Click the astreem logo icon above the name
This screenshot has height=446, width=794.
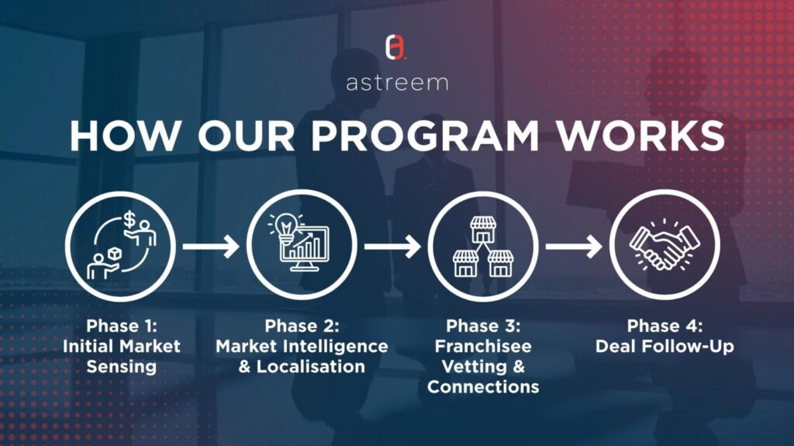click(396, 47)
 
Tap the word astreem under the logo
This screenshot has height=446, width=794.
click(398, 83)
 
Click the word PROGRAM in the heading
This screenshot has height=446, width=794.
click(425, 136)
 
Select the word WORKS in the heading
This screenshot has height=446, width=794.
click(640, 136)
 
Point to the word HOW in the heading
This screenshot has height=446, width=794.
click(125, 136)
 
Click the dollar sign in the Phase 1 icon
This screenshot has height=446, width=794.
click(129, 220)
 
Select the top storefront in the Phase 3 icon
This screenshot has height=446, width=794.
click(483, 230)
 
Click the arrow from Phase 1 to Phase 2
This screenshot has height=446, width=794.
click(211, 247)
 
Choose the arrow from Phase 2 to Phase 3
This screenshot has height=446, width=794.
click(392, 247)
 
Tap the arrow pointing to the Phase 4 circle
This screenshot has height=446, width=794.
click(574, 247)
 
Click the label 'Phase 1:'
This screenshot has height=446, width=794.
click(122, 326)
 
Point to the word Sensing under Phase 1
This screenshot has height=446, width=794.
click(122, 367)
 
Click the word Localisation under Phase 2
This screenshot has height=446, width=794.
click(310, 367)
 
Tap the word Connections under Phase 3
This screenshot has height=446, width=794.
click(483, 387)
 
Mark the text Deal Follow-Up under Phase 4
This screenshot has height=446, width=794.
click(665, 347)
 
